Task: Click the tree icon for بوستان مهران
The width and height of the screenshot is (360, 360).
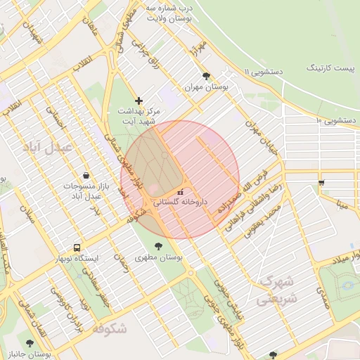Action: tap(206, 76)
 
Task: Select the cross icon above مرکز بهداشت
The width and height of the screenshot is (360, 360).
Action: tap(139, 101)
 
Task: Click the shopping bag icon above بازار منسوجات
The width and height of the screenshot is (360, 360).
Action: tap(86, 175)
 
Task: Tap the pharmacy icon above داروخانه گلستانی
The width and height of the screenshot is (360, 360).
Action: tap(181, 191)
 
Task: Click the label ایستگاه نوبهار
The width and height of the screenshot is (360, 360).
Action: tap(78, 258)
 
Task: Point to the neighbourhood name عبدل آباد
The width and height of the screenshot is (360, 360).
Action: tap(49, 147)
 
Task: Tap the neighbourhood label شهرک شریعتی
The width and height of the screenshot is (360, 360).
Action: tap(278, 290)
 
